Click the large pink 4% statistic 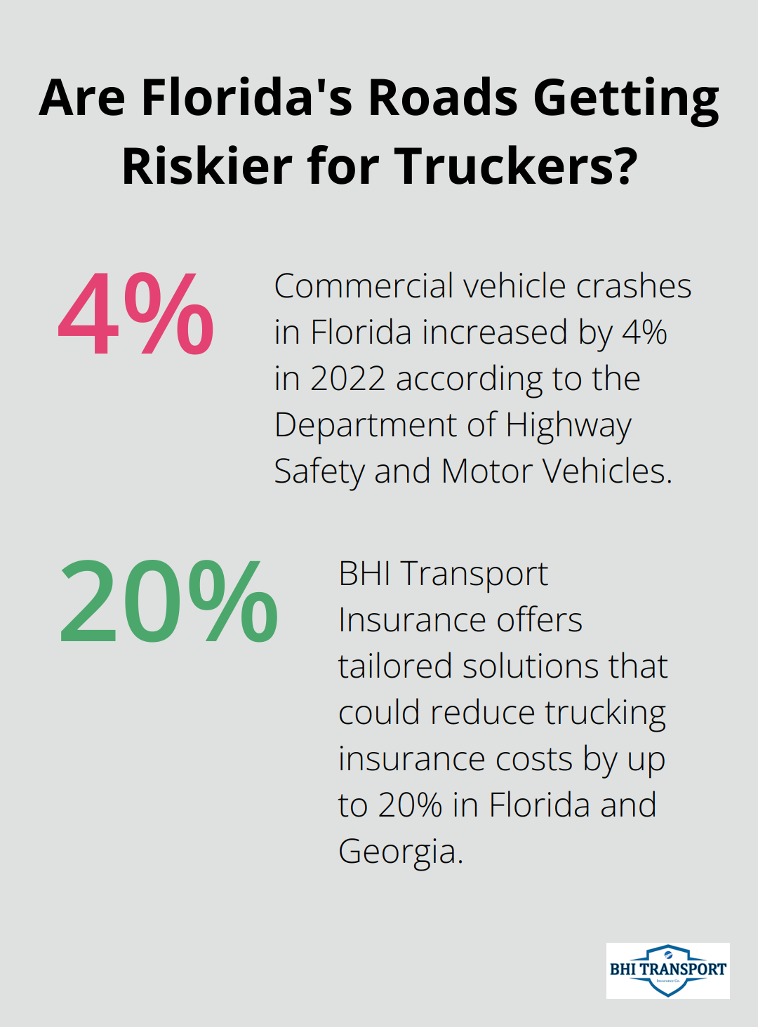(135, 316)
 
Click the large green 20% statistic (168, 603)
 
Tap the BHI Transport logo (667, 970)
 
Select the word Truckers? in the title (516, 166)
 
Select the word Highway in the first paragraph (568, 426)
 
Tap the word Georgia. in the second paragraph (401, 852)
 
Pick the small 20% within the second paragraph (410, 805)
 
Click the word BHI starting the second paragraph (364, 574)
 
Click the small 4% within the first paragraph (644, 333)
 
